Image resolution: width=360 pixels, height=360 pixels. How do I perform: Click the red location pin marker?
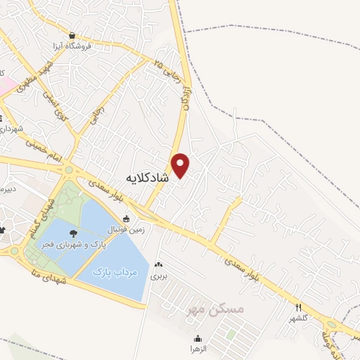tap(181, 165)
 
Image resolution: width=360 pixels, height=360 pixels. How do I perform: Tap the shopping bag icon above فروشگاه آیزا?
tap(72, 34)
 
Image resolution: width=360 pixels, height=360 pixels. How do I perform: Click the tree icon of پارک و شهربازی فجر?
tap(73, 233)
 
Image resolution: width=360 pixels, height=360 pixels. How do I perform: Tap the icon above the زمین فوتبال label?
tap(126, 219)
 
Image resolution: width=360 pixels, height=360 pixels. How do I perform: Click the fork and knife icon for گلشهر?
tap(299, 307)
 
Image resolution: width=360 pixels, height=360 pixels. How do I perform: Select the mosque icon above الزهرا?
tap(198, 337)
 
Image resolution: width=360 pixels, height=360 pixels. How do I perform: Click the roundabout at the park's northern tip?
tap(69, 170)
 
